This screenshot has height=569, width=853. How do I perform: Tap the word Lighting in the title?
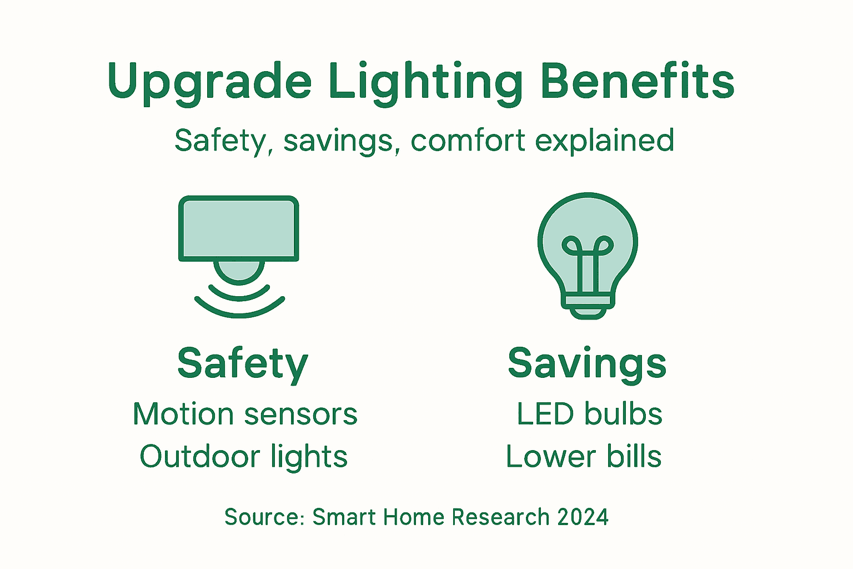pyautogui.click(x=425, y=82)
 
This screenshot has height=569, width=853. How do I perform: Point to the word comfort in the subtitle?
pyautogui.click(x=468, y=140)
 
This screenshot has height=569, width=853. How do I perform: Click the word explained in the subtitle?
pyautogui.click(x=605, y=140)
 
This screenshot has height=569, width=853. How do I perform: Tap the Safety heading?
pyautogui.click(x=243, y=364)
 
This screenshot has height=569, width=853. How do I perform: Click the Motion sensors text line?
pyautogui.click(x=245, y=414)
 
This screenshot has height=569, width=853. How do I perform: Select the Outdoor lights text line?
pyautogui.click(x=243, y=457)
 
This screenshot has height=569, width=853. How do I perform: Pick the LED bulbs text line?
pyautogui.click(x=589, y=414)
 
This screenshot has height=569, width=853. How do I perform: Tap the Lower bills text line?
pyautogui.click(x=584, y=457)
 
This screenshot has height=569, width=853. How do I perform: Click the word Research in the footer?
pyautogui.click(x=500, y=517)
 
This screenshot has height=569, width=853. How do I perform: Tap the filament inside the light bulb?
pyautogui.click(x=588, y=261)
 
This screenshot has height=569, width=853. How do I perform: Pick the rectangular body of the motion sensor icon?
pyautogui.click(x=239, y=228)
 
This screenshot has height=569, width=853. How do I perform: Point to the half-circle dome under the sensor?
pyautogui.click(x=239, y=271)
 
